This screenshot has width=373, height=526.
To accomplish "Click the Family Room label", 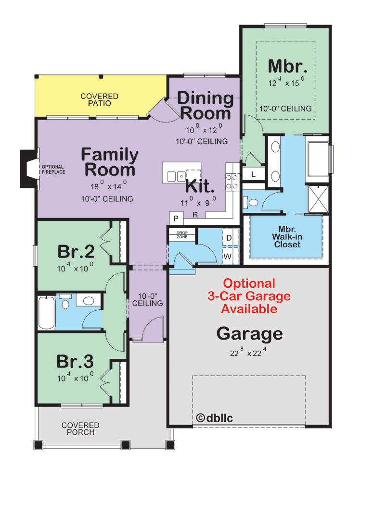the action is click(x=110, y=162).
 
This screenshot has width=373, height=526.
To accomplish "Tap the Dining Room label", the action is click(x=206, y=106).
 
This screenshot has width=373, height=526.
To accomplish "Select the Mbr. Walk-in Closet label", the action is click(x=287, y=237).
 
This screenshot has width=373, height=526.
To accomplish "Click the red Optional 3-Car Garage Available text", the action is click(x=249, y=296).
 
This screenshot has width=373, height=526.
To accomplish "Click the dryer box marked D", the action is click(x=229, y=238).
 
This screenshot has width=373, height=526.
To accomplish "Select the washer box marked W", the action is click(x=228, y=257).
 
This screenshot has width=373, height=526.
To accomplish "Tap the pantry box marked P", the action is click(x=176, y=219).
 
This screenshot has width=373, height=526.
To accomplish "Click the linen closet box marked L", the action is click(x=253, y=174).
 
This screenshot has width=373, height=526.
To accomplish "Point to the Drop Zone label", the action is click(x=182, y=235).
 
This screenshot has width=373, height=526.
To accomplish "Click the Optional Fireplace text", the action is click(x=53, y=170).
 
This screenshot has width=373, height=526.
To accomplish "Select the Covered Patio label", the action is click(x=100, y=99).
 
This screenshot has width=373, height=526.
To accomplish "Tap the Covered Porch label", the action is click(x=80, y=428).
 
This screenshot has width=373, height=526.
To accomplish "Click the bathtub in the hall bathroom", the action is click(x=46, y=312).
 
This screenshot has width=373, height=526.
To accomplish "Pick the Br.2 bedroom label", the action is click(x=76, y=252).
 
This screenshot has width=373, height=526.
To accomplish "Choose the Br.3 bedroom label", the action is click(x=75, y=361).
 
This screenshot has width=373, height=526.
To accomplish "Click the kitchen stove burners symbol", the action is click(x=232, y=182).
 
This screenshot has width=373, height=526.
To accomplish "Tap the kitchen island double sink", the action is click(x=176, y=176).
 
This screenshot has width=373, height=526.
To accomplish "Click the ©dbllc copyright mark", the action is click(x=214, y=418).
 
